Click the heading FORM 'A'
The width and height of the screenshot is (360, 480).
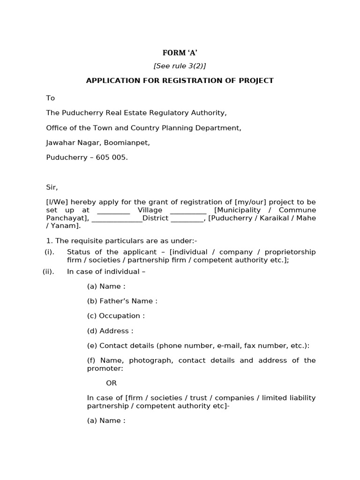(180, 53)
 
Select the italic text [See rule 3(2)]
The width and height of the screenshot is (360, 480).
(180, 66)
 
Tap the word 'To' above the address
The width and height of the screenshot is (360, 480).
(50, 98)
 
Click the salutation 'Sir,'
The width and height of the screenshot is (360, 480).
(52, 187)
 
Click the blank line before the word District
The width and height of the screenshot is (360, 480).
(117, 218)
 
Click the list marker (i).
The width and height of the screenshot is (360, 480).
(49, 252)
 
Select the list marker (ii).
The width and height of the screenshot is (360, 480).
(48, 271)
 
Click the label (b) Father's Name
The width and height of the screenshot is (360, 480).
(122, 301)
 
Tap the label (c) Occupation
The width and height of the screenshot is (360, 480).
(116, 316)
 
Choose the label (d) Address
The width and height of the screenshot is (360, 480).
(110, 331)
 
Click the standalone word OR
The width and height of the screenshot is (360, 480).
(111, 383)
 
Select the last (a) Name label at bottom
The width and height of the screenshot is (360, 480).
(106, 420)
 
